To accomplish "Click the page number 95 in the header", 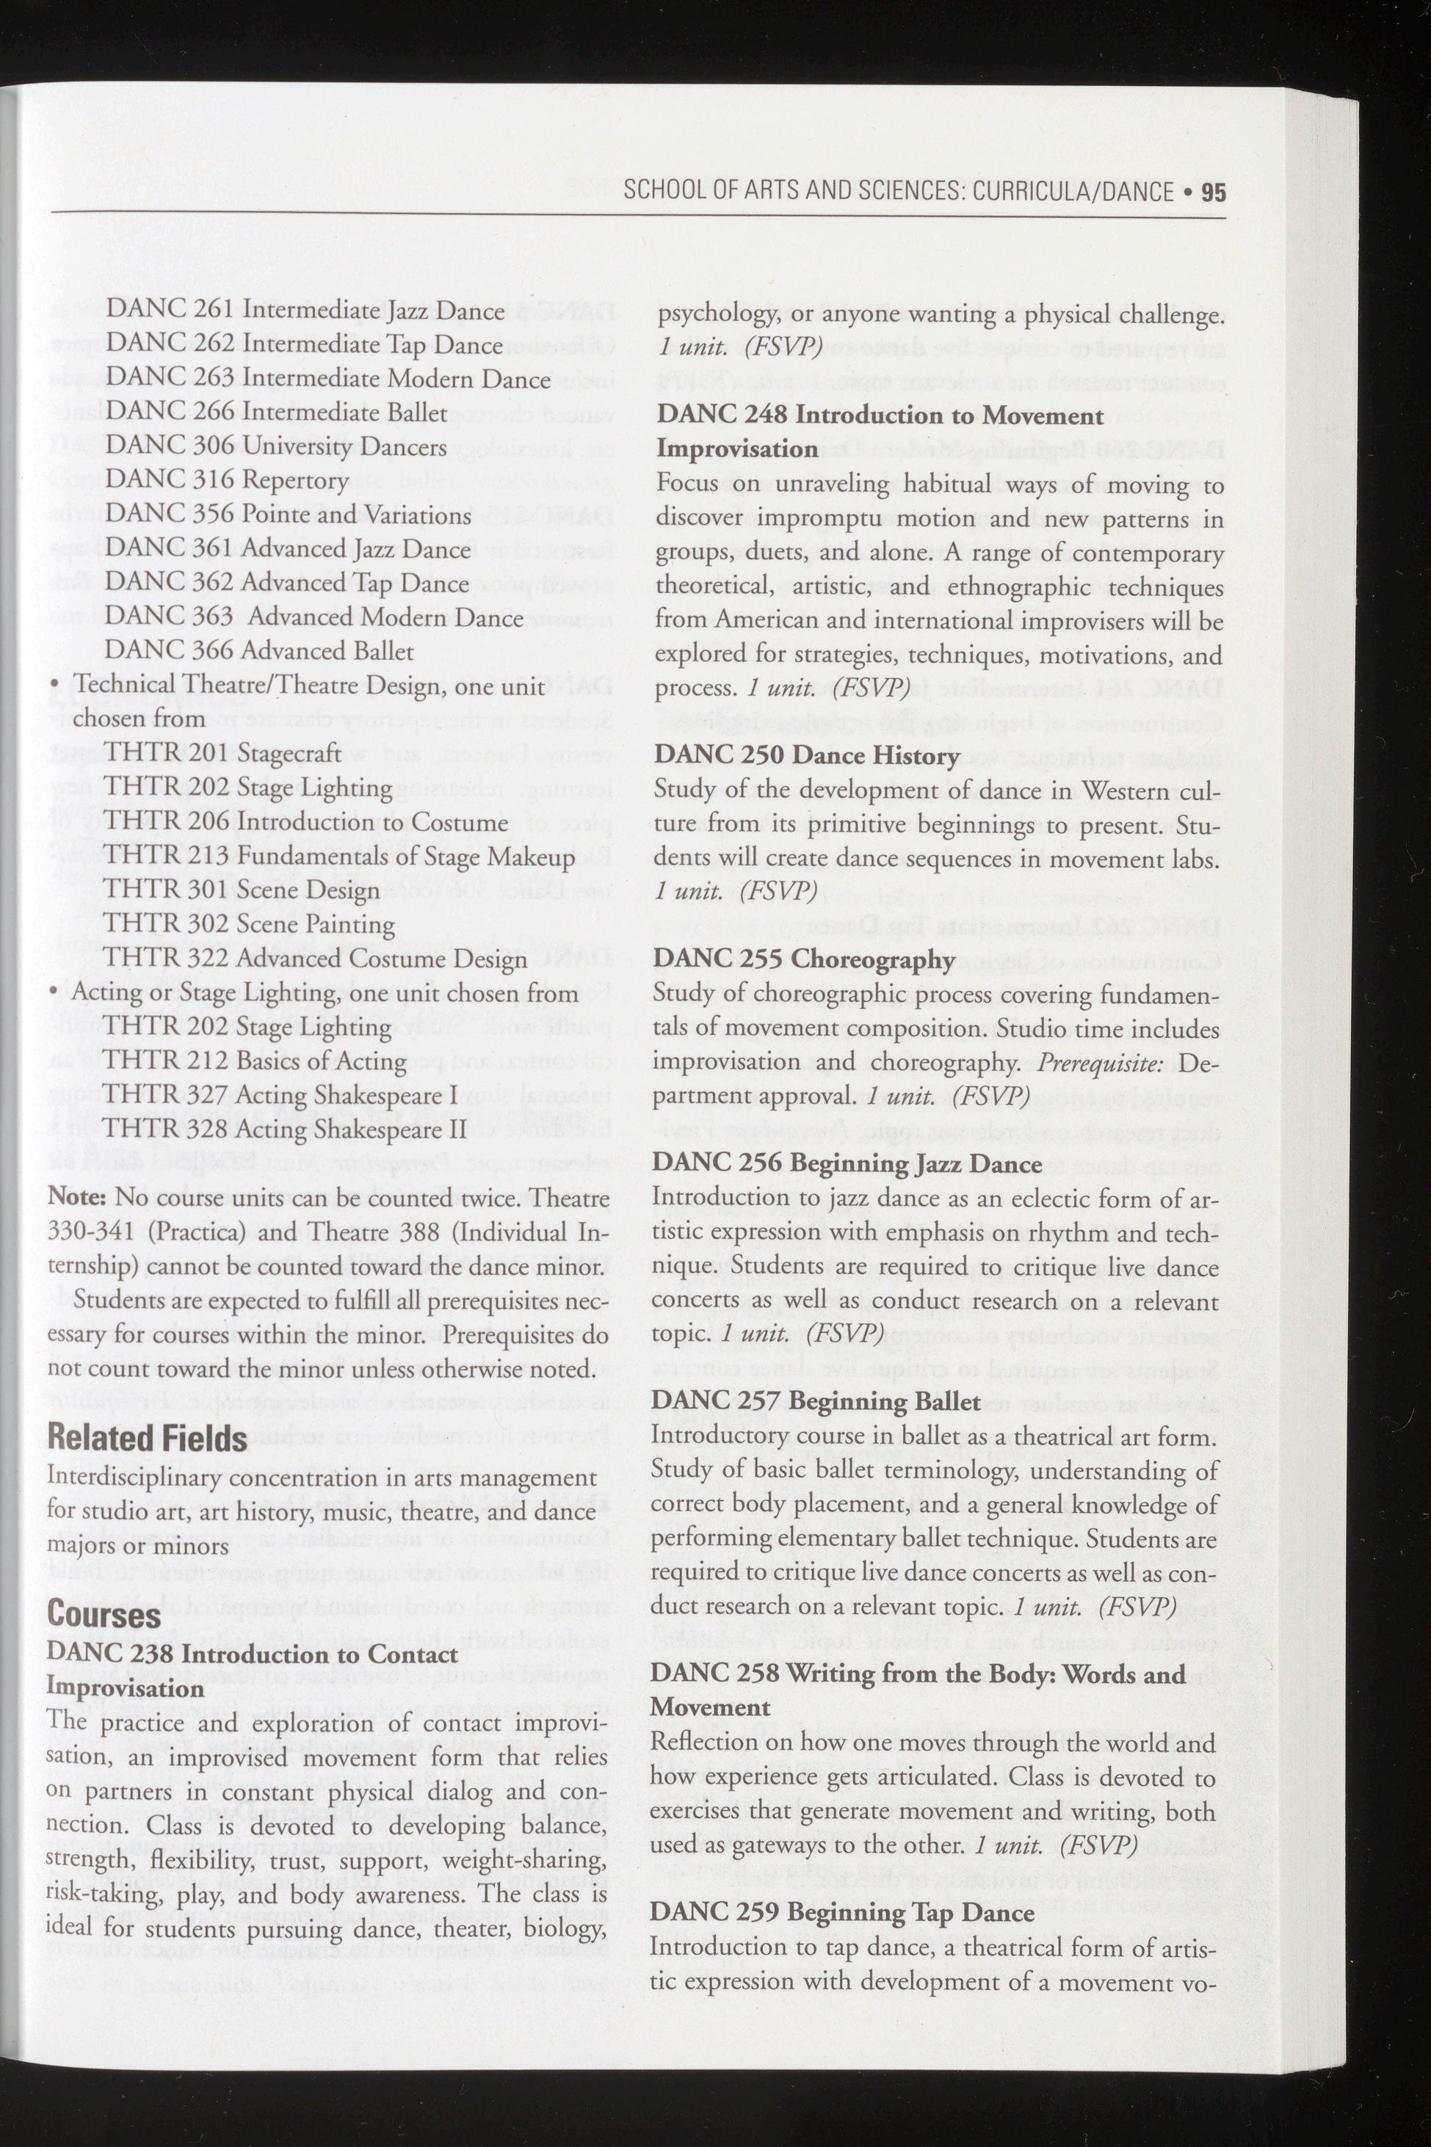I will (1213, 192).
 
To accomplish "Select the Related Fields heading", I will (146, 1439).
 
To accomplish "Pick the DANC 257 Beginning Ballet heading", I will (816, 1401).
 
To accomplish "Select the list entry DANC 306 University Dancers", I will (275, 446).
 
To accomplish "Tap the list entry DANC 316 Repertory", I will (226, 480).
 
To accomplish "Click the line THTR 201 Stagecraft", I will (222, 753).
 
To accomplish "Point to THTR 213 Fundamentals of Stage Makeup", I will (338, 856).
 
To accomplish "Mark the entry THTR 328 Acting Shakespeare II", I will (284, 1130).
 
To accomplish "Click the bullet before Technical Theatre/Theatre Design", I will (56, 686).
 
